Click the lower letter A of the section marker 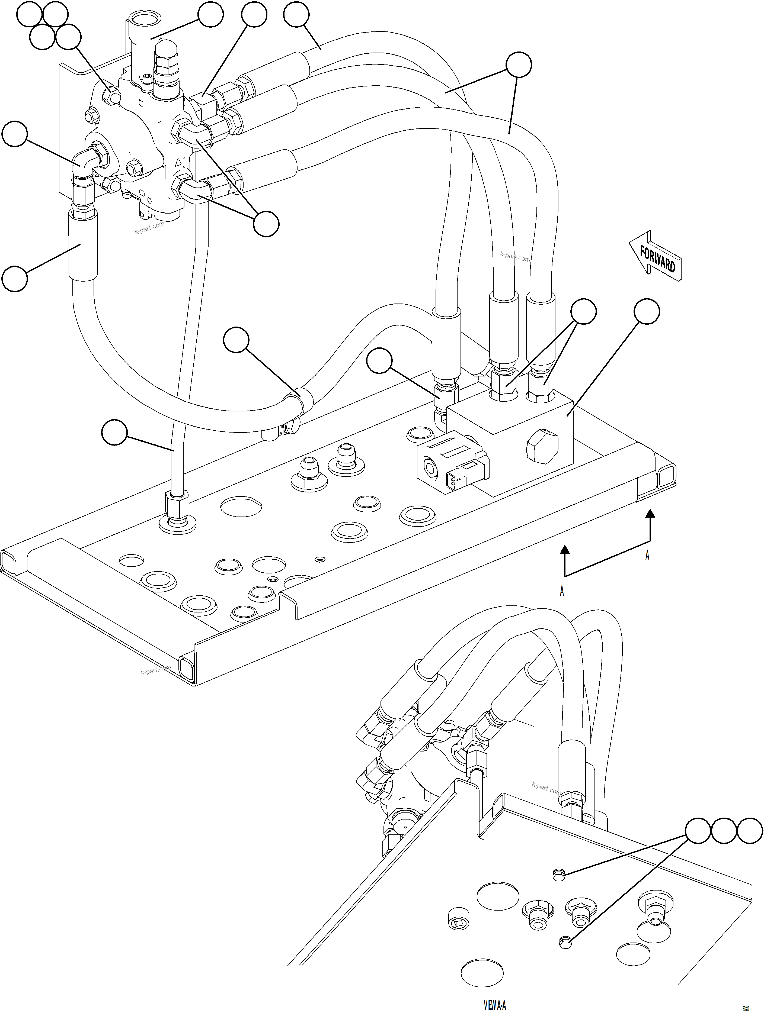[x=562, y=592]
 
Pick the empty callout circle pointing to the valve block [x=647, y=312]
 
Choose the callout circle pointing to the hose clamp [x=236, y=340]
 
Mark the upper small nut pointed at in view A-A [x=555, y=875]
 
